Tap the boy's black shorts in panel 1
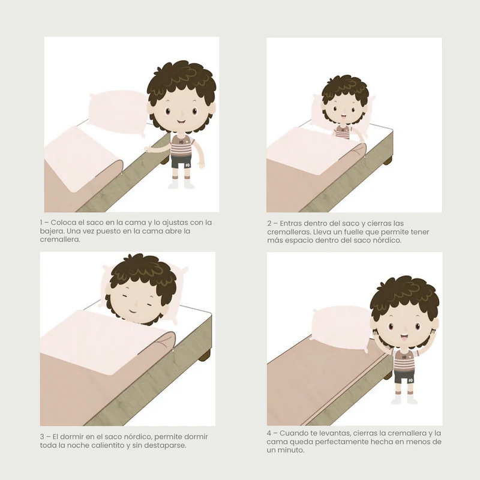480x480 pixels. point(181,161)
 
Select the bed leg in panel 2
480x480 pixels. point(387,160)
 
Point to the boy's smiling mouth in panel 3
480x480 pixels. point(133,311)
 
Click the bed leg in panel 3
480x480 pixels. point(205,355)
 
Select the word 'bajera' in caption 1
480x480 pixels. point(50,231)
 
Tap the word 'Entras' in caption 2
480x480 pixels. point(292,223)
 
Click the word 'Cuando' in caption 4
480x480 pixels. point(293,433)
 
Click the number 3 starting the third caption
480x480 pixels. point(42,437)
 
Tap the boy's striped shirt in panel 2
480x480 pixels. point(341,132)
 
